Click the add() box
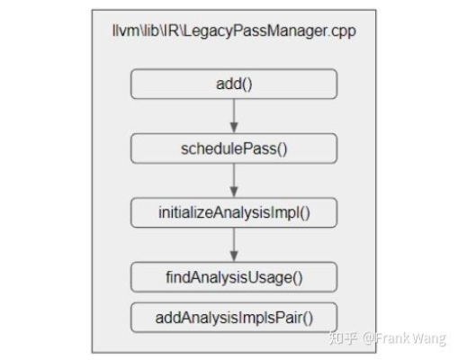click(234, 84)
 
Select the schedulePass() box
click(234, 148)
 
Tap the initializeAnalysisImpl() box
click(234, 212)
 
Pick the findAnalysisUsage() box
click(234, 277)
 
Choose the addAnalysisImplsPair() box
click(234, 318)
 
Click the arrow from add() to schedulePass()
click(234, 116)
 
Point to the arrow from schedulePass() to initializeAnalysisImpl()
click(234, 181)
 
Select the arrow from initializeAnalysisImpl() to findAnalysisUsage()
click(234, 245)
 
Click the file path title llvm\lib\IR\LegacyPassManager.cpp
click(234, 31)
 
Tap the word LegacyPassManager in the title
click(256, 31)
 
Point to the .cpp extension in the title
click(342, 31)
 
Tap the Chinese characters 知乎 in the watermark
click(343, 337)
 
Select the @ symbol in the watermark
click(369, 338)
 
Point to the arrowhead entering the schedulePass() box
click(234, 128)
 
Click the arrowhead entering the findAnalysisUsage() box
click(234, 256)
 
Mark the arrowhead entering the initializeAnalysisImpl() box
click(234, 192)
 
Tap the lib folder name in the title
click(151, 31)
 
